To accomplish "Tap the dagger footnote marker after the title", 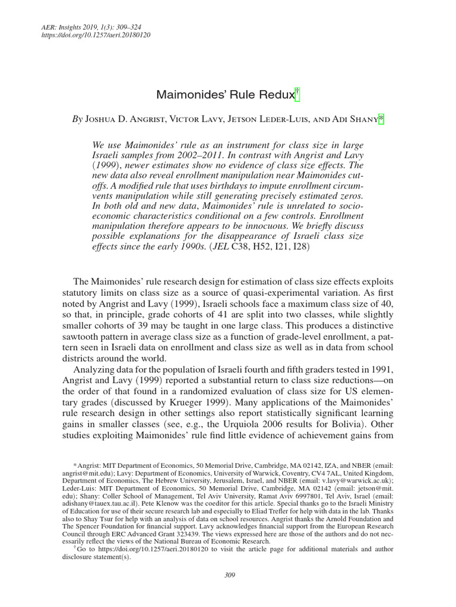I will coord(299,93).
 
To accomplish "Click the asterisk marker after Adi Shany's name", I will coord(382,119).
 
